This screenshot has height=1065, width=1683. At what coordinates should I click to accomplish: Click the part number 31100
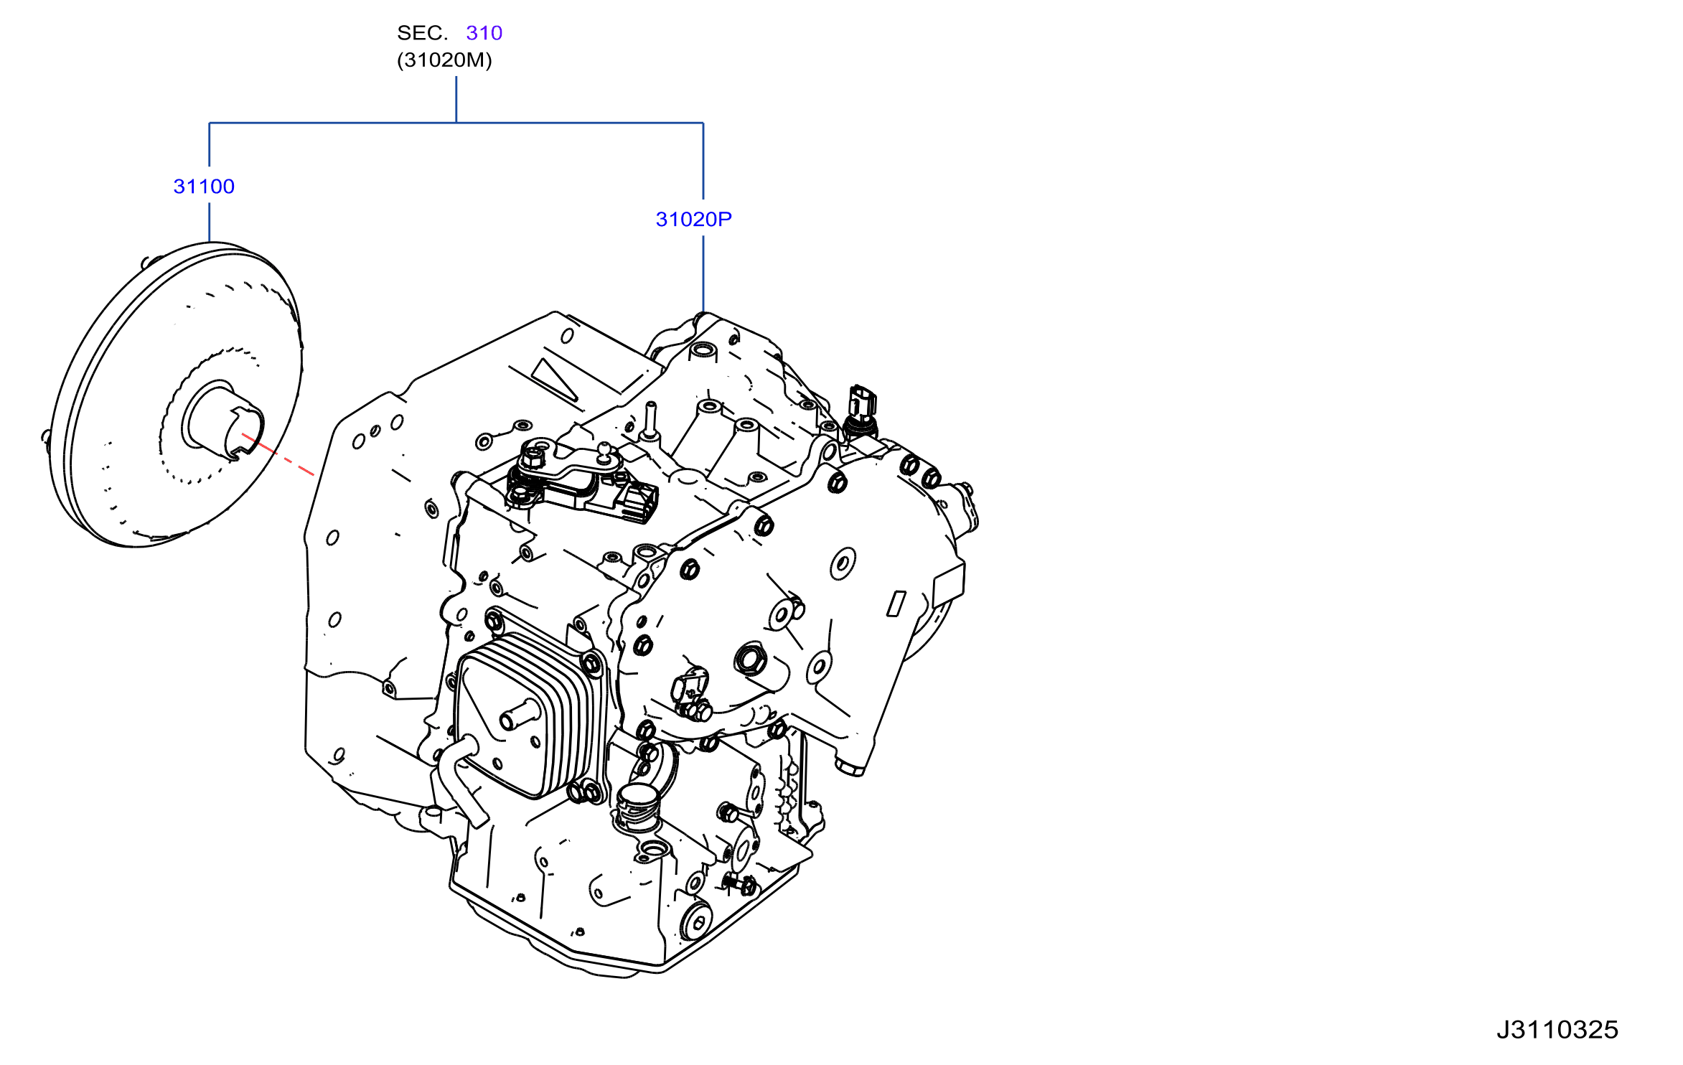(204, 187)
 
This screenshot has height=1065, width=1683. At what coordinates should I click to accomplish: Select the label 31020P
(693, 220)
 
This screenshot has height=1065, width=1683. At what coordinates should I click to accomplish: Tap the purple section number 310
(484, 33)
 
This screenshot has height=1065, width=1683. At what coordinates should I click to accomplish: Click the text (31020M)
(444, 60)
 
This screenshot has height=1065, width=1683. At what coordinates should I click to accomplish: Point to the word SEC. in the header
(422, 33)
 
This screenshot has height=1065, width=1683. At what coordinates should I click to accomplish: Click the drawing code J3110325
(1557, 1030)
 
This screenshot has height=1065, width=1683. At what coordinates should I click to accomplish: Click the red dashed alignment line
(278, 454)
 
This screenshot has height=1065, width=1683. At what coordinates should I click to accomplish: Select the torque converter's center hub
(223, 419)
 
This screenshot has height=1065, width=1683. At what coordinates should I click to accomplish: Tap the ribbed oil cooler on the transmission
(528, 715)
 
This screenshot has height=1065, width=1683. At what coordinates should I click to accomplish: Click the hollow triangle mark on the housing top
(555, 378)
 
